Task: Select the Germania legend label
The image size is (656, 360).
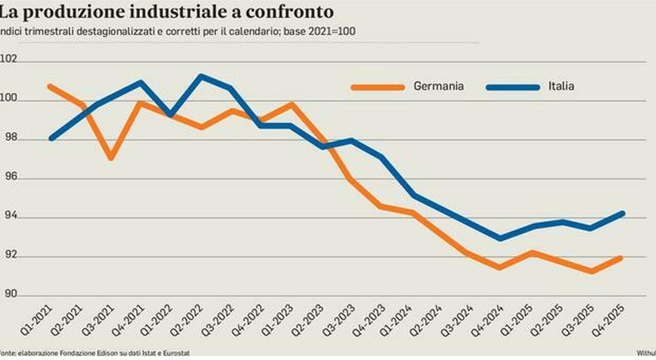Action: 439,86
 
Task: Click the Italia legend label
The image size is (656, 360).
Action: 561,86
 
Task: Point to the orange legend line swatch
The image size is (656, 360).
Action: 378,87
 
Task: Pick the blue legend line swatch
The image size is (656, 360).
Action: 512,87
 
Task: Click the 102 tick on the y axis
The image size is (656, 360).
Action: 9,59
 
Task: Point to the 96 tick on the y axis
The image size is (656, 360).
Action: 9,177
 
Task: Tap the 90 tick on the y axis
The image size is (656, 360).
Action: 9,294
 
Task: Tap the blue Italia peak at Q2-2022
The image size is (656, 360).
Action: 200,76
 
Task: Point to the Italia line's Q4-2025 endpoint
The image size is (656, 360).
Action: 622,213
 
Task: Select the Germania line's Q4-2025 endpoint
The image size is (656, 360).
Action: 621,258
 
